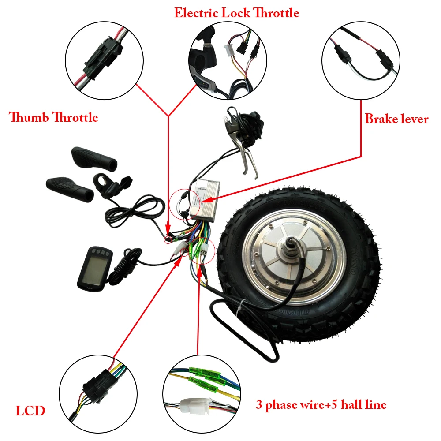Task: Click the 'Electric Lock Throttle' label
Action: (236, 13)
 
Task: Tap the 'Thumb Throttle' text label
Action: (53, 117)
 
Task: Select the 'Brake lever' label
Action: (396, 119)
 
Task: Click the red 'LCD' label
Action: (30, 411)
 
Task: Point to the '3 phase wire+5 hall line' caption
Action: (321, 404)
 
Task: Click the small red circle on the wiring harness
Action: (168, 239)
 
